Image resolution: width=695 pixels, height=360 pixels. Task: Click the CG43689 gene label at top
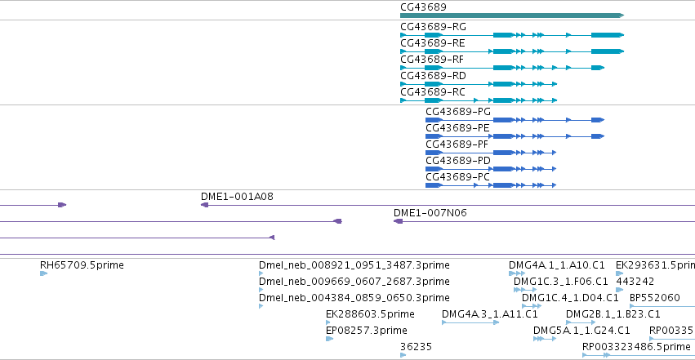pos(423,7)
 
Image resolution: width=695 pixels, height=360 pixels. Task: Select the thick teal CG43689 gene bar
pos(512,16)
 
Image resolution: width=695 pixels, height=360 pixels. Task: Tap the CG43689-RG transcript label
pos(433,27)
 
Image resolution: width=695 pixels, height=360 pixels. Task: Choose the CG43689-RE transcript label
pos(433,43)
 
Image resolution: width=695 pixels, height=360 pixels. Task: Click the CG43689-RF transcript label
pos(432,60)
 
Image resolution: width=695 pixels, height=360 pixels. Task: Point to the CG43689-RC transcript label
pos(433,92)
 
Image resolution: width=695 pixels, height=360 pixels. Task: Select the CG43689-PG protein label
pos(458,112)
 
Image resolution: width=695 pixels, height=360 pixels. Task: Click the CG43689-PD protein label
pos(458,161)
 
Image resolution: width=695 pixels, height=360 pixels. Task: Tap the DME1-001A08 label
pos(237,197)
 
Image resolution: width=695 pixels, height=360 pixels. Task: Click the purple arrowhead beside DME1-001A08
pos(204,205)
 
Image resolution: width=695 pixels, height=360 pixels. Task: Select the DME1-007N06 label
pos(430,213)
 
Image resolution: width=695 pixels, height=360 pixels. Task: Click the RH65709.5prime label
pos(82,265)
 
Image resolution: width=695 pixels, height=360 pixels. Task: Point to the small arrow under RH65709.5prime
pos(43,273)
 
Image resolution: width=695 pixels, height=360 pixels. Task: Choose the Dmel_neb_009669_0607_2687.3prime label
pos(354,282)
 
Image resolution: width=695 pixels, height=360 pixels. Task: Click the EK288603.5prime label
pos(370,314)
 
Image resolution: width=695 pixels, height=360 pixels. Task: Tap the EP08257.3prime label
pos(367,331)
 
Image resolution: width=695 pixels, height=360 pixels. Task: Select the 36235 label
pos(416,347)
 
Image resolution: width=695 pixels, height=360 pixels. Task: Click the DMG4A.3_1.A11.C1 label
pos(490,314)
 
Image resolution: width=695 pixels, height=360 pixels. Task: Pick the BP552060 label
pos(655,298)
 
